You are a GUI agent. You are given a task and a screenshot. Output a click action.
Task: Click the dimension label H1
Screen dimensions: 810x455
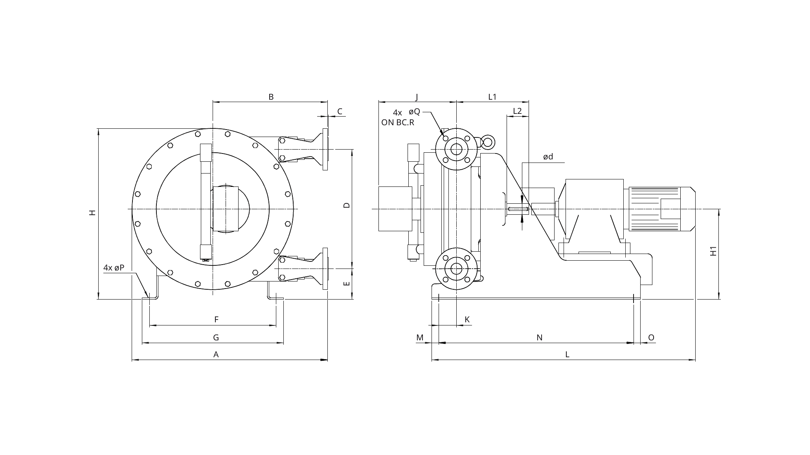click(x=714, y=251)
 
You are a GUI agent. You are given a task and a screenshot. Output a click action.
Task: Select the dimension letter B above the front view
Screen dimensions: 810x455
click(x=271, y=97)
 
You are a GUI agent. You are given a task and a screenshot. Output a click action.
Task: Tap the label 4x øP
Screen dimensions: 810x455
click(x=114, y=268)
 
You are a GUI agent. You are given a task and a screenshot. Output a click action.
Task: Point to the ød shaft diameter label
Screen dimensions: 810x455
click(x=548, y=157)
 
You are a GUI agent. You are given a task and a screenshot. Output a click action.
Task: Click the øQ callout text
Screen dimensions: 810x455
click(x=414, y=112)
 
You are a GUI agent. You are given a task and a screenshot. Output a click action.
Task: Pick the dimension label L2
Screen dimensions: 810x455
click(x=517, y=111)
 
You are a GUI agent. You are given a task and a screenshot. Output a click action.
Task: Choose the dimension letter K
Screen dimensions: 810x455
click(x=467, y=320)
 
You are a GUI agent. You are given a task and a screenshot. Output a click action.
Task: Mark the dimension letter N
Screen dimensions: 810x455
click(x=540, y=338)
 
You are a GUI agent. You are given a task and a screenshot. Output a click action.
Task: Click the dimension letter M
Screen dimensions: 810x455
click(x=420, y=338)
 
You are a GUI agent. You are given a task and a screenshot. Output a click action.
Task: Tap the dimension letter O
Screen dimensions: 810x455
click(x=651, y=338)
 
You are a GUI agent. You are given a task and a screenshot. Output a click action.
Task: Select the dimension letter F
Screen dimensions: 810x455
click(x=216, y=320)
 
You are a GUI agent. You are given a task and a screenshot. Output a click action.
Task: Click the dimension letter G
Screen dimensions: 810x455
click(x=216, y=338)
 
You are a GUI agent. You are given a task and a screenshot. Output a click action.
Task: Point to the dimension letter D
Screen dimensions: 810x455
click(x=347, y=205)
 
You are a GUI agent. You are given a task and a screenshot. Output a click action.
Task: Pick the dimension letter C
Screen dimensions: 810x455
click(x=340, y=111)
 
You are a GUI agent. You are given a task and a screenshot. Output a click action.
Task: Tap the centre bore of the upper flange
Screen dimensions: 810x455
click(x=456, y=149)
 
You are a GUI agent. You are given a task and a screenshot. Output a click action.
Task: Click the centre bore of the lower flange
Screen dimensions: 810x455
click(x=456, y=269)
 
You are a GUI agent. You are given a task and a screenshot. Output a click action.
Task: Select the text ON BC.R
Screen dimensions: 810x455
click(x=398, y=122)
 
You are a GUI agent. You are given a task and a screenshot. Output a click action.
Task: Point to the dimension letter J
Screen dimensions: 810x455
click(x=417, y=97)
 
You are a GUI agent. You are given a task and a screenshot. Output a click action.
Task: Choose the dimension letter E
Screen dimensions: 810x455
click(x=347, y=283)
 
